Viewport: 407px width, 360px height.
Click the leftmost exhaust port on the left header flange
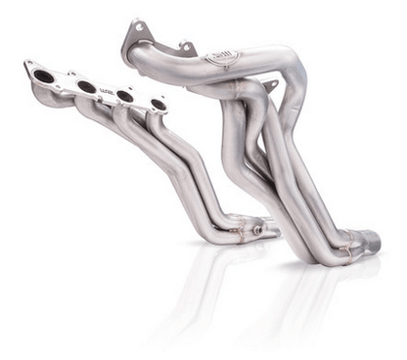(x=44, y=75)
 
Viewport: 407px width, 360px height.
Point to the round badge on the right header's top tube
(x=222, y=59)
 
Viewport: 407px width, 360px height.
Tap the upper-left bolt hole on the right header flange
(x=136, y=27)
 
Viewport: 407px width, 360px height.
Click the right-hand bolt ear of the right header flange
(x=186, y=45)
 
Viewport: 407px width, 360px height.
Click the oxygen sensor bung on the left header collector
(x=257, y=231)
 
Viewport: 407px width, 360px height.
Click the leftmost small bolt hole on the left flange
(x=28, y=67)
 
